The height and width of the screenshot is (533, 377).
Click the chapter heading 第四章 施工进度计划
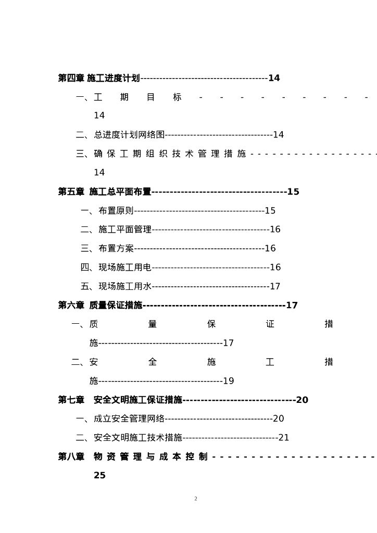[x=99, y=78]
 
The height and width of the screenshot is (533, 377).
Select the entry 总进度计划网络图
[x=129, y=135]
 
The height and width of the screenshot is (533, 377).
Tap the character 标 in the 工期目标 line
[x=177, y=97]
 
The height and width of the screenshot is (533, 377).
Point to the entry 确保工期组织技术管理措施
[x=170, y=154]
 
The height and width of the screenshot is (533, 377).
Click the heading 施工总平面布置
[x=120, y=192]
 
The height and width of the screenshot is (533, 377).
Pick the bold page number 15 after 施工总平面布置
[x=293, y=192]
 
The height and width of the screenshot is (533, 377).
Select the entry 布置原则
[x=116, y=211]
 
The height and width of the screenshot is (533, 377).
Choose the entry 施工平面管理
[x=125, y=230]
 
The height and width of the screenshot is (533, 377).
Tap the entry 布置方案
[x=116, y=248]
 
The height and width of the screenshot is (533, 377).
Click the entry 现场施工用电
[x=125, y=268]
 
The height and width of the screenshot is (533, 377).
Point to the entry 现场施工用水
[x=125, y=286]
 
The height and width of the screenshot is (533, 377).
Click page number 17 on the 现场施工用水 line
[x=275, y=286]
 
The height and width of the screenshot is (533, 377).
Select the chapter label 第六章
[x=71, y=305]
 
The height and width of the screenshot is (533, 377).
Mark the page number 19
[x=229, y=381]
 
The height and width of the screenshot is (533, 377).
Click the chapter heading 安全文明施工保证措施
[x=138, y=400]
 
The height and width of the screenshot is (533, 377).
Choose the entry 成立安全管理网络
[x=129, y=418]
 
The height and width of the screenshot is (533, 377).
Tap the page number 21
[x=284, y=438]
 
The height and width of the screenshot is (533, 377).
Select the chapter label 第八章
[x=71, y=456]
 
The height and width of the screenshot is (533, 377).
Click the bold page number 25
[x=99, y=475]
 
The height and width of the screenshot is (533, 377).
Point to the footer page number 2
[x=196, y=499]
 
